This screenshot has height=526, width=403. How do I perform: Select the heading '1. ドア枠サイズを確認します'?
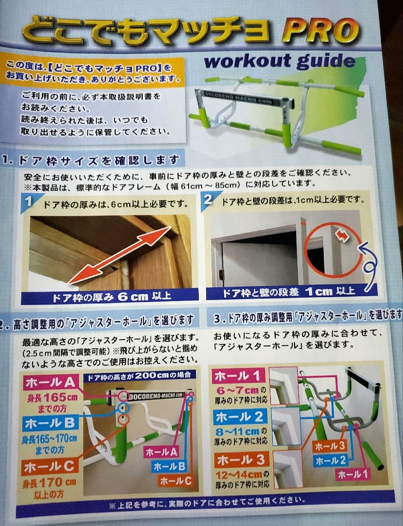tap(93, 160)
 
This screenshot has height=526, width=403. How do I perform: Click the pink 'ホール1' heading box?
tap(238, 376)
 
